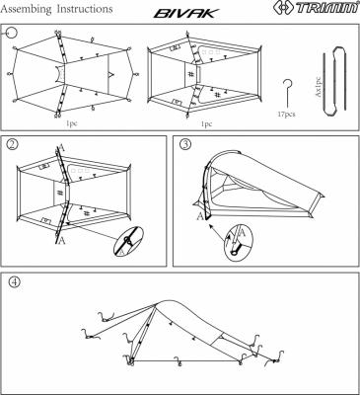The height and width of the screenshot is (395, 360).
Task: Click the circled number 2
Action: [x=13, y=145]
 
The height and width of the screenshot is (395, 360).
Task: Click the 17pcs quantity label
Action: [x=287, y=115]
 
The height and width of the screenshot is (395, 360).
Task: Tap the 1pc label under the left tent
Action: [x=72, y=125]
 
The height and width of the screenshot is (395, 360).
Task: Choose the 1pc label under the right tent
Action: [x=206, y=125]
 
